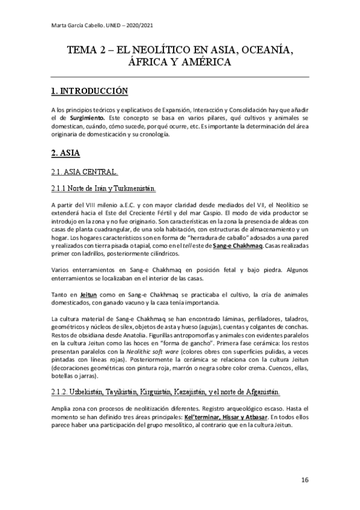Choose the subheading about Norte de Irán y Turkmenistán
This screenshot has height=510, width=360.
(104, 189)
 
